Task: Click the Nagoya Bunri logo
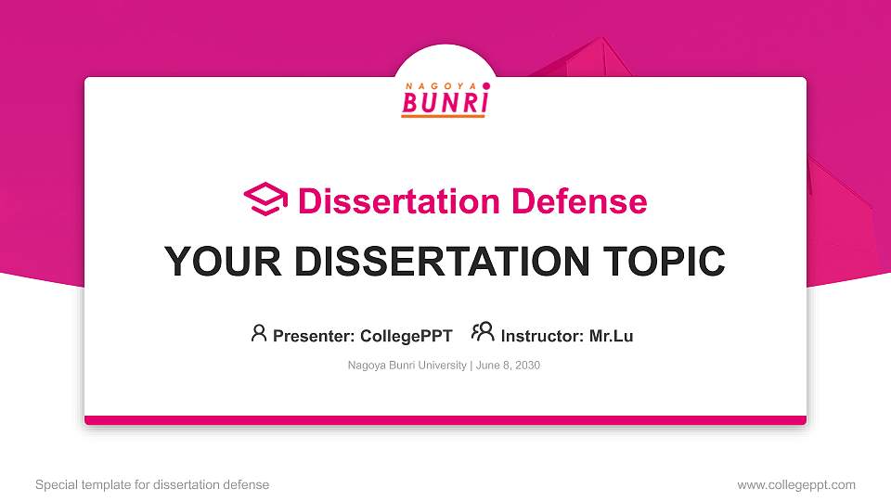tap(445, 99)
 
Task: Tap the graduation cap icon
tap(265, 199)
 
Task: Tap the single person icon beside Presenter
tap(259, 333)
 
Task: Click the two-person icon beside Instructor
tap(483, 332)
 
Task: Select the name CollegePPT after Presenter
tap(406, 336)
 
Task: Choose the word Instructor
tap(541, 336)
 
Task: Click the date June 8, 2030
tap(509, 366)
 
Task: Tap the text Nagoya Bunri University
tap(407, 366)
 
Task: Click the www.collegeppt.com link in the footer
tap(796, 484)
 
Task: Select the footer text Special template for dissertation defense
tap(152, 484)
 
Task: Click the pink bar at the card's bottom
tap(445, 420)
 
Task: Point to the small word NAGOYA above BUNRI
tap(441, 84)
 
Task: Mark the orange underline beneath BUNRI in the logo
tap(444, 116)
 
